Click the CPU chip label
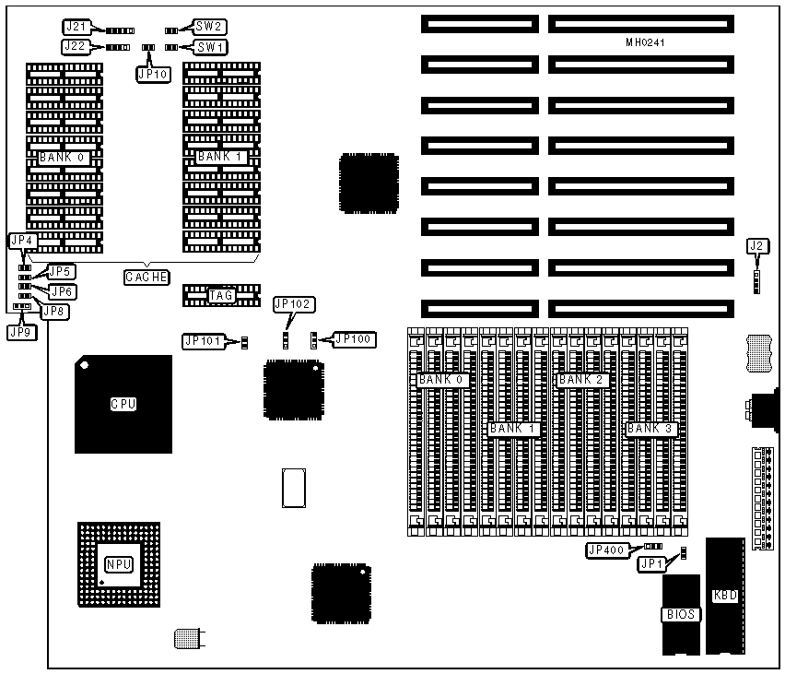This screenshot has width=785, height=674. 123,404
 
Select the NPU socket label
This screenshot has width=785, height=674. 119,565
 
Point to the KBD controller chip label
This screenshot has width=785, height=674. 725,596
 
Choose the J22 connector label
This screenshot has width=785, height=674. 76,46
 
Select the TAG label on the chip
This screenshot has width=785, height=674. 220,295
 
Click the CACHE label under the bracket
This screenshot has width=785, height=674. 146,277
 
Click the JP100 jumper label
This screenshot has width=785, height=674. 356,339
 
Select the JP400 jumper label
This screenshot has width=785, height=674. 607,550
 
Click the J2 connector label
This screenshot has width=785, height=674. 756,245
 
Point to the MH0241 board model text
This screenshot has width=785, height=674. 644,42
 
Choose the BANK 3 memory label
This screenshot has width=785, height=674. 650,429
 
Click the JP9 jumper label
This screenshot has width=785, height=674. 20,331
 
